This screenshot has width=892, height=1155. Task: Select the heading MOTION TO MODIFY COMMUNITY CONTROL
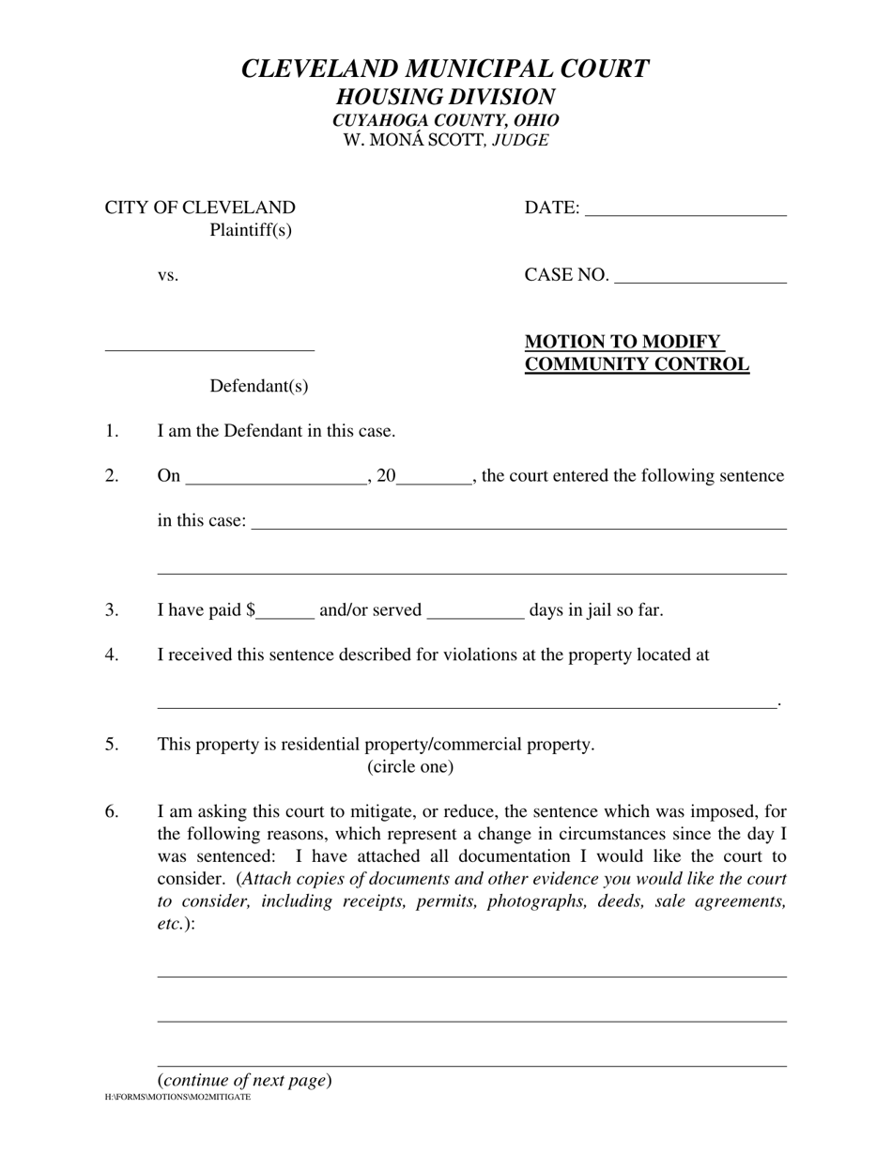(637, 353)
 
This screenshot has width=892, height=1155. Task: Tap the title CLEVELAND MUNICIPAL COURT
(445, 69)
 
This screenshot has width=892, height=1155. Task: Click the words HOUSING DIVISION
(445, 97)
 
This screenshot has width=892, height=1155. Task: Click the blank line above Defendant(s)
(209, 346)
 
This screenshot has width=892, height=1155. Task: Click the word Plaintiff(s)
(251, 230)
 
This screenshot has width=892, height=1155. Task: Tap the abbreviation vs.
(168, 275)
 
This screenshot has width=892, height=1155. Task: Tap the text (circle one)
(410, 767)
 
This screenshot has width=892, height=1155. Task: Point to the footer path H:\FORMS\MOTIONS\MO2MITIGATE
(178, 1097)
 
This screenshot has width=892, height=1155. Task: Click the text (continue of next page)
(244, 1080)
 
